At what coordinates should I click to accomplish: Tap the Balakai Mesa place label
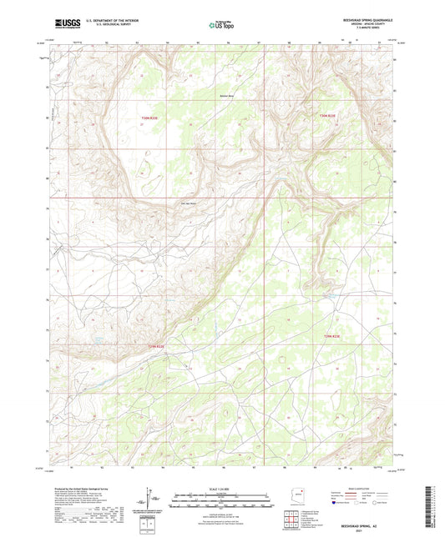226,96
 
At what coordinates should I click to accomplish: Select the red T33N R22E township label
149,118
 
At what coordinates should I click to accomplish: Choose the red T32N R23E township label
332,336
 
